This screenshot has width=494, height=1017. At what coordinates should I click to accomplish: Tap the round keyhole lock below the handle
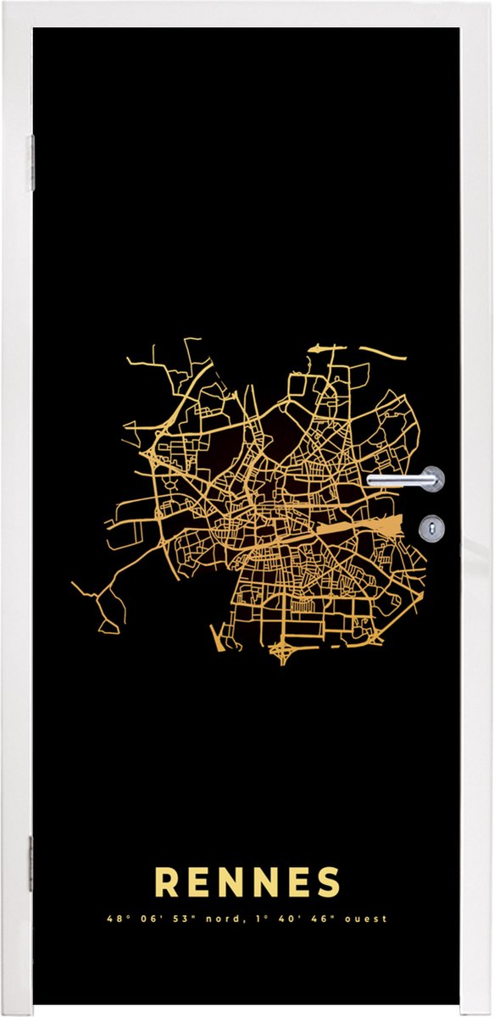(x=431, y=529)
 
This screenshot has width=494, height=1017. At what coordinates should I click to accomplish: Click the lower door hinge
(x=31, y=864)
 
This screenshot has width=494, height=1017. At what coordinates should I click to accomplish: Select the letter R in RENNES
(x=167, y=882)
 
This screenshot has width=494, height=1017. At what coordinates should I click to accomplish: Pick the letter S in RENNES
(x=327, y=882)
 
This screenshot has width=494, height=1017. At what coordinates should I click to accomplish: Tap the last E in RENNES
(x=297, y=882)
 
